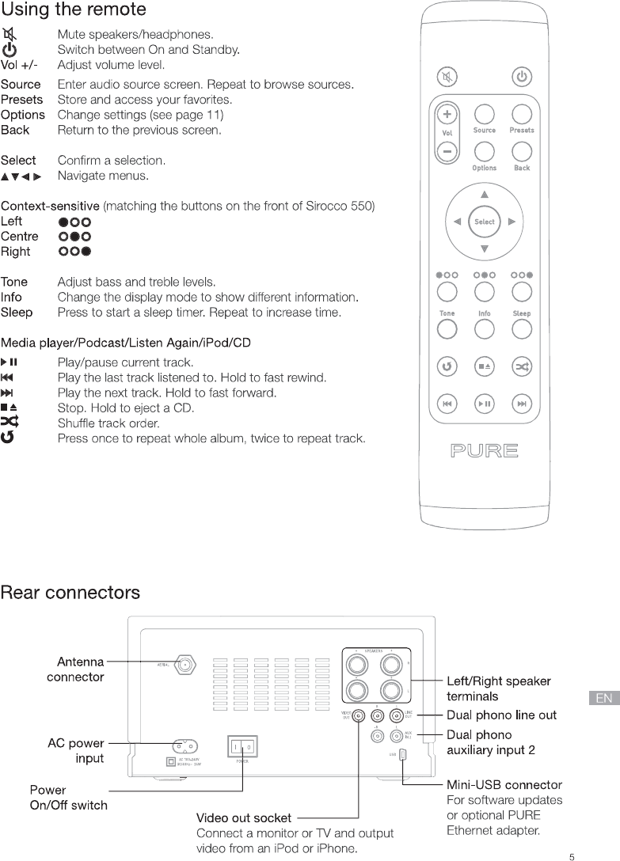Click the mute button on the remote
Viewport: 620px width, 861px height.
coord(447,77)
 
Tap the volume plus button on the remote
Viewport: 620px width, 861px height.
coord(447,114)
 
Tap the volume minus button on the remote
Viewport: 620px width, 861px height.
coord(447,150)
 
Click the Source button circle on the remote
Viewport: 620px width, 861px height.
coord(484,114)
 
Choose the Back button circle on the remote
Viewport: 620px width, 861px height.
coord(521,151)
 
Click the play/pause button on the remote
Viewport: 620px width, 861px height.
coord(484,404)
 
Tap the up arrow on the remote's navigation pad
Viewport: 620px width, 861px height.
coord(485,195)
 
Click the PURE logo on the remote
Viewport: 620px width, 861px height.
coord(484,452)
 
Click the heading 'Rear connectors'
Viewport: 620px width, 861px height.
coord(70,593)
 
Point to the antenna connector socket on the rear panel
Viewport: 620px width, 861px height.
coord(185,666)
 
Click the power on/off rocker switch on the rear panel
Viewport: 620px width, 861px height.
coord(242,746)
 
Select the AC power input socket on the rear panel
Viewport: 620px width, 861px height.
coord(185,745)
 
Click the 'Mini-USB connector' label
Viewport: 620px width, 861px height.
coord(504,785)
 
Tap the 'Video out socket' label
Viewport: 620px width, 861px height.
coord(244,817)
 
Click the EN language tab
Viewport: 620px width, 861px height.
coord(604,698)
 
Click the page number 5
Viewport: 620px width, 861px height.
coord(572,855)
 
